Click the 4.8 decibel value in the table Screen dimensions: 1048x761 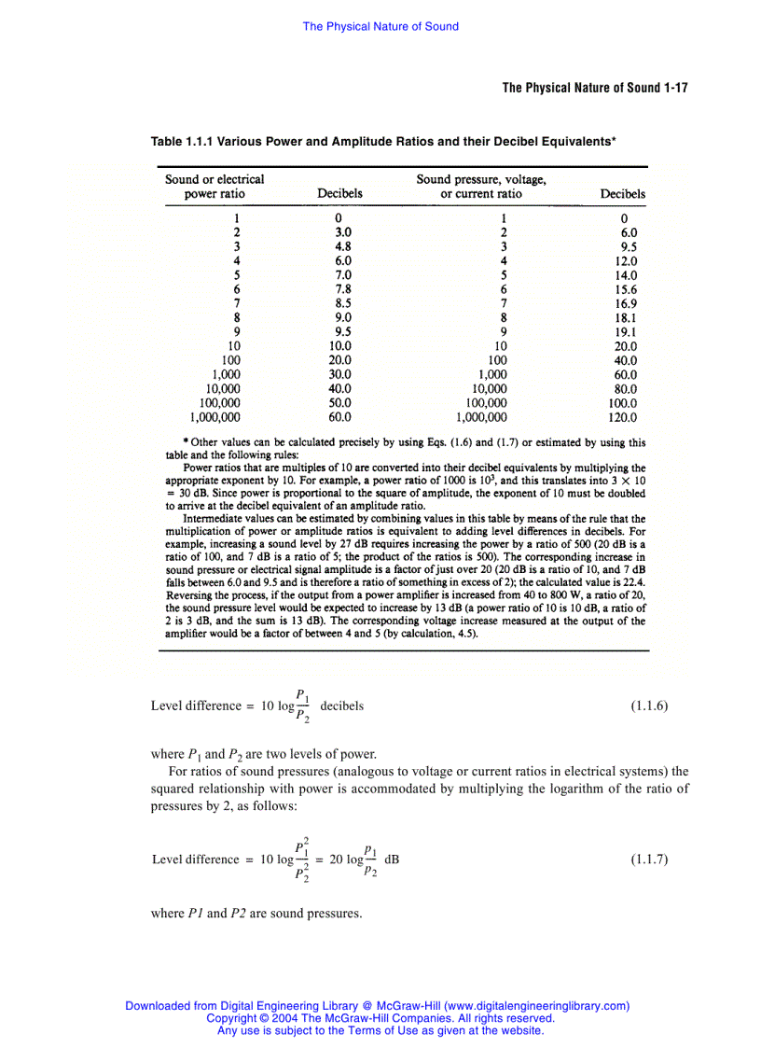click(x=342, y=247)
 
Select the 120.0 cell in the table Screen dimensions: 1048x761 click(x=622, y=417)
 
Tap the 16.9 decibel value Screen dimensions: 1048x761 click(x=626, y=303)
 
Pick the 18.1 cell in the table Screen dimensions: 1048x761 click(x=626, y=317)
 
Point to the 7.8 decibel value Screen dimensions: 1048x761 click(x=342, y=289)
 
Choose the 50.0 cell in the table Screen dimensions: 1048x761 click(x=339, y=403)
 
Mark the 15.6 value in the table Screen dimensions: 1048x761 click(x=626, y=289)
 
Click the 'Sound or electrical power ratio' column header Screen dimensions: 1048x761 click(x=214, y=187)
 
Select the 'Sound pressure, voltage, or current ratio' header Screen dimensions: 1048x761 click(x=481, y=187)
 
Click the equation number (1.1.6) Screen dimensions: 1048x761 click(x=649, y=706)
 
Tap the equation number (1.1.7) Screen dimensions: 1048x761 click(x=649, y=859)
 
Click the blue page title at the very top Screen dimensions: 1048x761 click(x=380, y=27)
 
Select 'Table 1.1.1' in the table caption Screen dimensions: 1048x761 click(x=182, y=142)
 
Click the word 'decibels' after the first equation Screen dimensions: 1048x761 click(x=341, y=706)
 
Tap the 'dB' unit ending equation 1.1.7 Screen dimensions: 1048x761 click(x=392, y=859)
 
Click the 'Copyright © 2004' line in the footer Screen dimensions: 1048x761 click(x=380, y=1018)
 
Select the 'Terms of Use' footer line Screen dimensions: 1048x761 click(x=380, y=1030)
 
